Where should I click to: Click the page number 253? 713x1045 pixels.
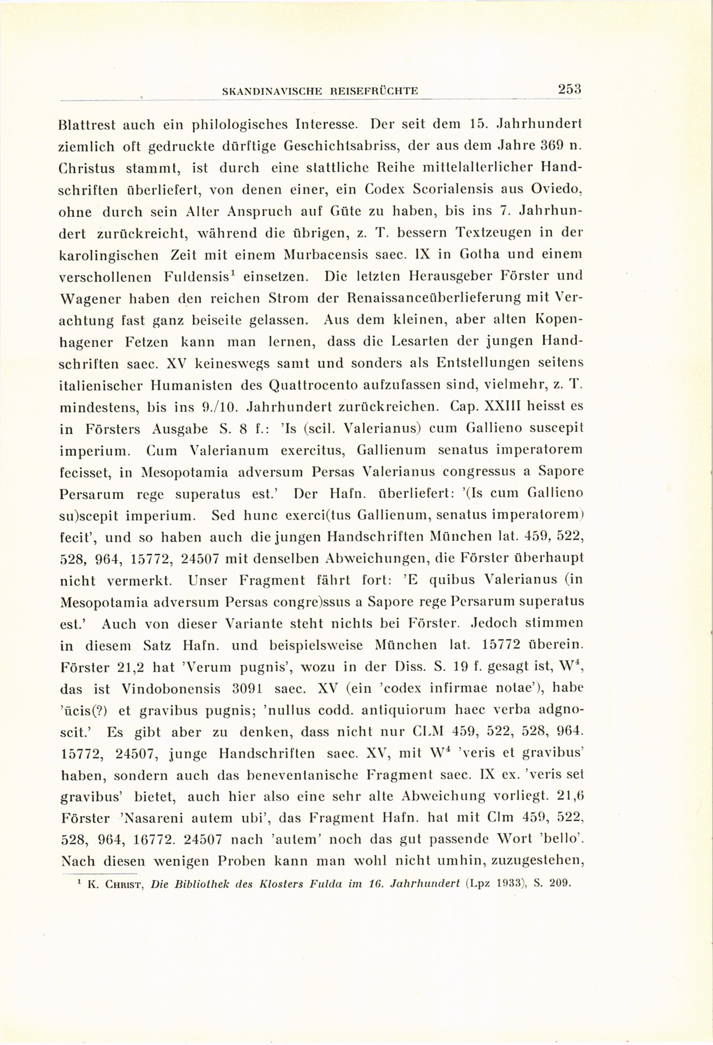[x=569, y=89]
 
